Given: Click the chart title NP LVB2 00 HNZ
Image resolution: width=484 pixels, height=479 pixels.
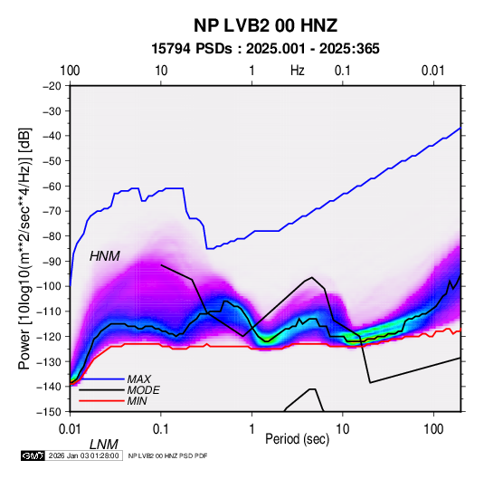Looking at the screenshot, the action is coord(265,25).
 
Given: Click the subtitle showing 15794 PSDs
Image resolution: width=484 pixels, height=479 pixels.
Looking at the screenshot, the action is coord(265,49).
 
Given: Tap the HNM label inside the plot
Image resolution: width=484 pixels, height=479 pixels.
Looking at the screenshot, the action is coord(105,256).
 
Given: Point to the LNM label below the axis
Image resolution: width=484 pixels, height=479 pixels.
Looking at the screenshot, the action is coord(104,445).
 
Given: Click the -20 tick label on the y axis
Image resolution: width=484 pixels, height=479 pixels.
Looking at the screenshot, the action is coord(52,86).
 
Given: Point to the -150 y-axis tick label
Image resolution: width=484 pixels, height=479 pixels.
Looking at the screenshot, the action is coord(49,412).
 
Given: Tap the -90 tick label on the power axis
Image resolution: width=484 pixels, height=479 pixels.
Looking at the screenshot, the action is coord(52,261).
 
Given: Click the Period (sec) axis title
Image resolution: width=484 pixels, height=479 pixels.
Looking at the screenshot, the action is coord(298,439).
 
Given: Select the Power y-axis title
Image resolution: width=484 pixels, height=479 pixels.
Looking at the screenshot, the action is coord(24,248).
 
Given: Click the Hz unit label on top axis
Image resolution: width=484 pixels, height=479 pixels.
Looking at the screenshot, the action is coord(298,71).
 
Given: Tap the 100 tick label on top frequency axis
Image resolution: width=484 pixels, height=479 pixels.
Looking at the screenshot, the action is coord(70,71).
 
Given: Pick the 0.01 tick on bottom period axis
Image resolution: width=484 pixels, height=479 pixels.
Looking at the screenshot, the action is coord(70,429).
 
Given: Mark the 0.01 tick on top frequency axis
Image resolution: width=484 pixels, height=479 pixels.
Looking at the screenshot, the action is coord(433,71).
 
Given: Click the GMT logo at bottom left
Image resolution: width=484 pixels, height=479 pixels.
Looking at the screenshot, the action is coord(33,455).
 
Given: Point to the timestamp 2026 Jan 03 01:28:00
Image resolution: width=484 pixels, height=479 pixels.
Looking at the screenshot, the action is coord(83,455).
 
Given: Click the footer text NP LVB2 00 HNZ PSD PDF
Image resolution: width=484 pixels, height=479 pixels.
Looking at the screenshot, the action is coord(167,455).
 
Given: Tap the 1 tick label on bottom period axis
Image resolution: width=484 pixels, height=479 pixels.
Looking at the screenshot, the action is coord(251,429).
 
